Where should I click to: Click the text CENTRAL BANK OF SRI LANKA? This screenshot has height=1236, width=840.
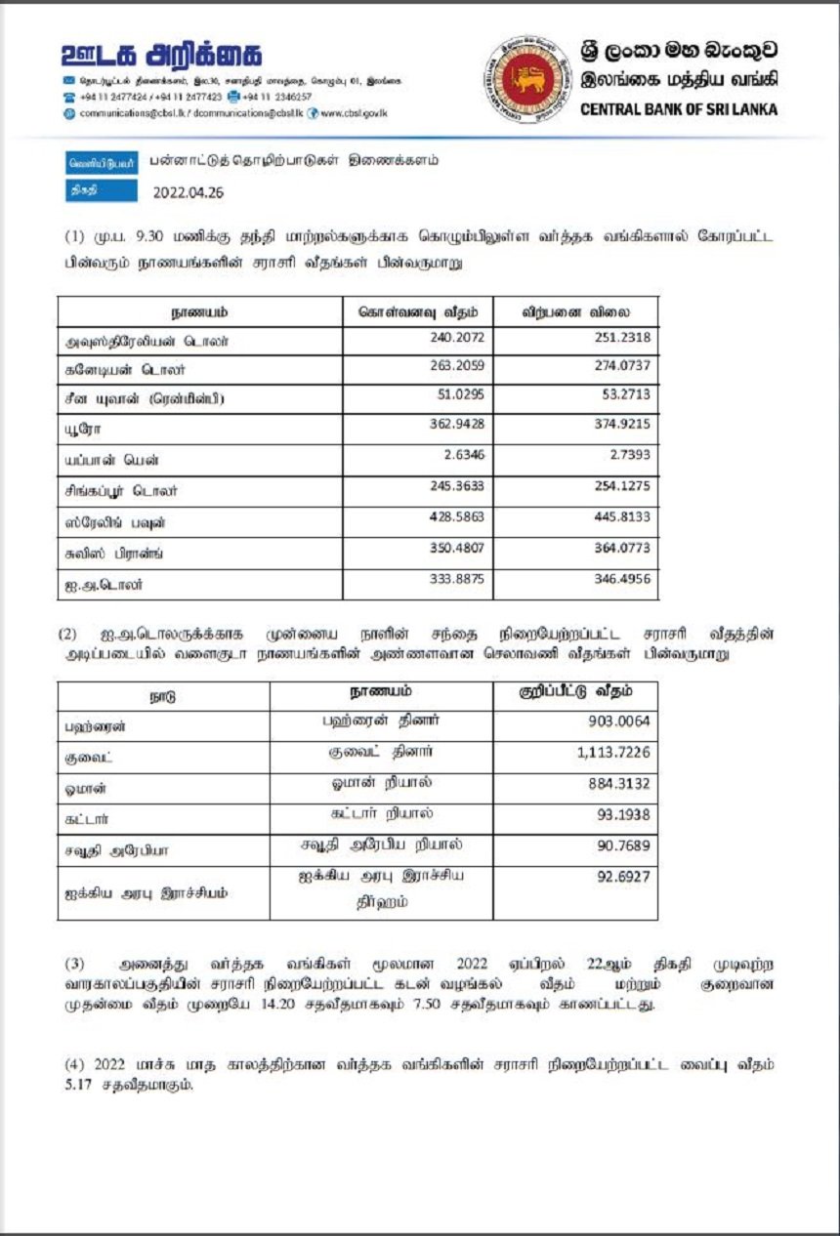[x=679, y=109]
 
